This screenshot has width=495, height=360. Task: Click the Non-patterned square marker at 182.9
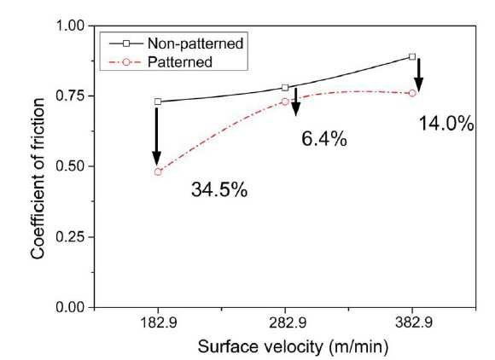[x=158, y=102]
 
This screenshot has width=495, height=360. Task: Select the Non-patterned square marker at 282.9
[x=285, y=88]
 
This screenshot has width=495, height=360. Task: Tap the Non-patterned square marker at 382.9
[x=412, y=57]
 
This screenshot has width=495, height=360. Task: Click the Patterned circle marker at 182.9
[x=158, y=172]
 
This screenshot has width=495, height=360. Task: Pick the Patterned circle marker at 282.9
[x=285, y=102]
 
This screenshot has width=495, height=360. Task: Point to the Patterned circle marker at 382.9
[x=412, y=93]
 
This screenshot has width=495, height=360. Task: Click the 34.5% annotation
[x=219, y=190]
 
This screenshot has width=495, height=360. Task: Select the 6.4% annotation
[x=324, y=139]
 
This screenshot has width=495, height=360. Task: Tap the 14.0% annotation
[x=446, y=124]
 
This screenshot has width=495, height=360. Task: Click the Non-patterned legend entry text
[x=195, y=44]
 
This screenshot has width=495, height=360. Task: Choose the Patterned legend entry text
[x=179, y=61]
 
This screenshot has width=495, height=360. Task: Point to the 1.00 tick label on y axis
[x=70, y=26]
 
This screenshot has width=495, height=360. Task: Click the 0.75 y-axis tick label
[x=70, y=96]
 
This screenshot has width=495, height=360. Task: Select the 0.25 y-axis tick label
[x=70, y=236]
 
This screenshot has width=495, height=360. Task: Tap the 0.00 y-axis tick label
[x=70, y=307]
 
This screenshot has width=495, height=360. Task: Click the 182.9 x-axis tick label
[x=158, y=323]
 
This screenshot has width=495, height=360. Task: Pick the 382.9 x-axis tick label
[x=413, y=323]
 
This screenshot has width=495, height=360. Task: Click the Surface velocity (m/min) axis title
[x=293, y=346]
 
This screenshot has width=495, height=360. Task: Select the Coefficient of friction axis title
[x=38, y=178]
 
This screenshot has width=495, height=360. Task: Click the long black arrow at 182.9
[x=156, y=136]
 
